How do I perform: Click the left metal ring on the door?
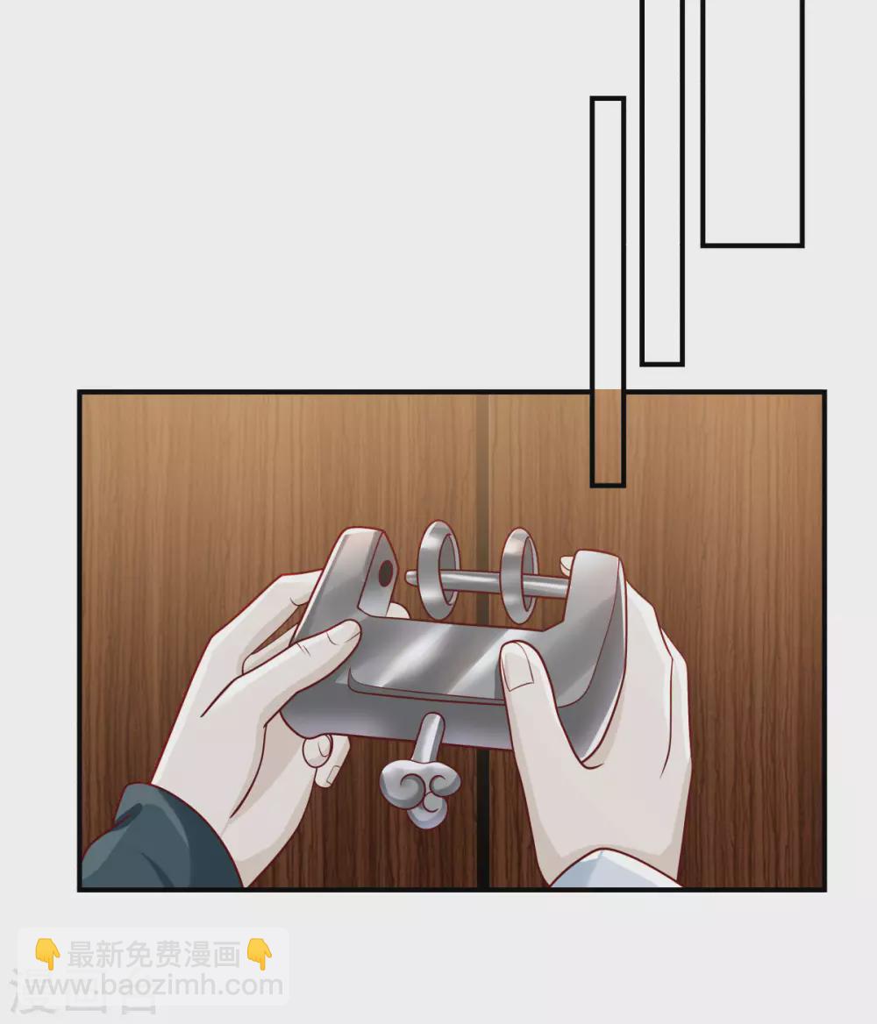(x=423, y=570)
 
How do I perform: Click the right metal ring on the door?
(x=506, y=575)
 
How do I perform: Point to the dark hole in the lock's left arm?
(x=386, y=573)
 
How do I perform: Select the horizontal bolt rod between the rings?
(x=488, y=582)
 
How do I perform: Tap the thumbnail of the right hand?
(x=517, y=666)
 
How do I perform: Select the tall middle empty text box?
(x=662, y=183)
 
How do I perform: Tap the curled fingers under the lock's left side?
(x=324, y=757)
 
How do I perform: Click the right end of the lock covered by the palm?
(x=591, y=627)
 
